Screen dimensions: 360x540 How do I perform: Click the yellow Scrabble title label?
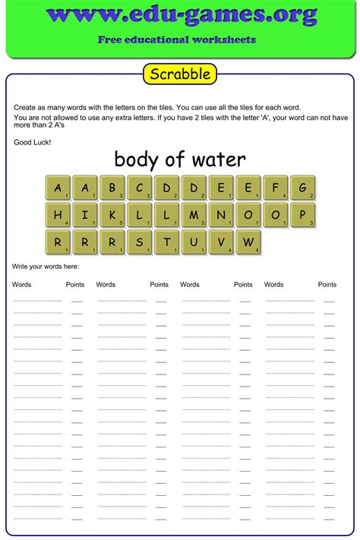click(180, 74)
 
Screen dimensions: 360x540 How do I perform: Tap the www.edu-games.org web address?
click(180, 14)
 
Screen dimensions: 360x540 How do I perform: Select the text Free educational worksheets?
click(177, 39)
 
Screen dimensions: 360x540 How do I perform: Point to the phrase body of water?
click(180, 159)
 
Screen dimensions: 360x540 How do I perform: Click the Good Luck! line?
click(32, 142)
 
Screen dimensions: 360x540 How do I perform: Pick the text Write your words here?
click(46, 267)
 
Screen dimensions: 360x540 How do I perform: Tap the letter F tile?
click(275, 188)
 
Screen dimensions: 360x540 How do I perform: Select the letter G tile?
click(302, 188)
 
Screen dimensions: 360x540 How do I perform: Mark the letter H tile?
click(58, 215)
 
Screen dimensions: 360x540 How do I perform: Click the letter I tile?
click(85, 215)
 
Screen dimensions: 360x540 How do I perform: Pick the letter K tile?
click(112, 215)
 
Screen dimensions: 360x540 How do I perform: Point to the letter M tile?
click(194, 215)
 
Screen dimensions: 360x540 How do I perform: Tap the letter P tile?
click(302, 215)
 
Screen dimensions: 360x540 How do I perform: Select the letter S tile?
click(140, 242)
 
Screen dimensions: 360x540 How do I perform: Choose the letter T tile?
click(166, 242)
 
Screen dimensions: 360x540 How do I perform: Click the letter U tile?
click(194, 242)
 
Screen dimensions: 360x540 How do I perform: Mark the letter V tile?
click(221, 242)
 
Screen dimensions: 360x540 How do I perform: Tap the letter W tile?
click(248, 242)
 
